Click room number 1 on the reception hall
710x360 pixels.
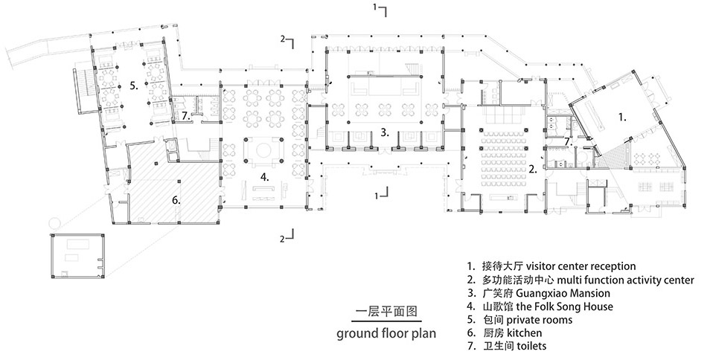coord(623,117)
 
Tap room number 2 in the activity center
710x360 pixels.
coord(534,169)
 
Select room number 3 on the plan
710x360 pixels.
coord(384,133)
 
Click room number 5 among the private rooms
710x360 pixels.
coord(133,86)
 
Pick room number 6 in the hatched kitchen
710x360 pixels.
coord(176,199)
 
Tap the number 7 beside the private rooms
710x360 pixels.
coord(186,116)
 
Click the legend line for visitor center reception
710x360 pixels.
coord(551,266)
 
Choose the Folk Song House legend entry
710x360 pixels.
coord(540,306)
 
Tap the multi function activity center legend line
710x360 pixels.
coord(581,280)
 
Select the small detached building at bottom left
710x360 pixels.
coord(77,255)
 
